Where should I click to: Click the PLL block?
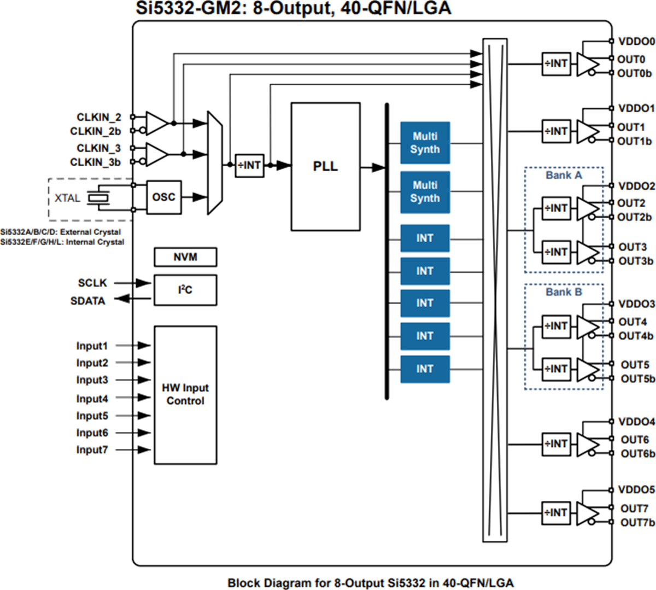[x=325, y=166]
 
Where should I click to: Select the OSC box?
[x=163, y=197]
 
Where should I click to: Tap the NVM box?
[x=185, y=257]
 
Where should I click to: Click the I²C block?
[x=185, y=290]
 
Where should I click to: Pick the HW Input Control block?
[x=185, y=395]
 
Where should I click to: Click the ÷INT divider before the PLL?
[x=249, y=165]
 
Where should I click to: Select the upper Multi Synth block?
[x=425, y=143]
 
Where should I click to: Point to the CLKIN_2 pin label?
[x=99, y=117]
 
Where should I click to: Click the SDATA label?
[x=87, y=301]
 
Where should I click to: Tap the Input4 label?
[x=92, y=399]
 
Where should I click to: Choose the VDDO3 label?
[x=636, y=304]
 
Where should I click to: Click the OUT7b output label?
[x=637, y=523]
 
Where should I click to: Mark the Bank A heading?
[x=564, y=176]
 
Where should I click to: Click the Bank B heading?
[x=564, y=292]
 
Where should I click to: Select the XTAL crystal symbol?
[x=99, y=198]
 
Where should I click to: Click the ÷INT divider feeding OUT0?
[x=556, y=64]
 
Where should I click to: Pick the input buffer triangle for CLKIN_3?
[x=156, y=155]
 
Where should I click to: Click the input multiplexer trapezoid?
[x=215, y=163]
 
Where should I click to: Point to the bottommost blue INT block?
[x=425, y=369]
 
